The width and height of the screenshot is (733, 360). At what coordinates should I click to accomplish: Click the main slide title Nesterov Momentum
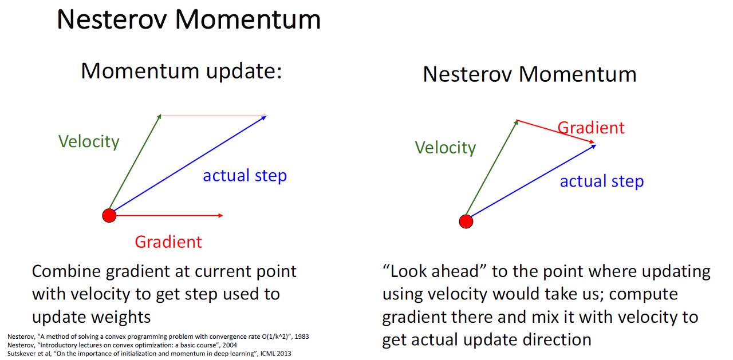point(188,19)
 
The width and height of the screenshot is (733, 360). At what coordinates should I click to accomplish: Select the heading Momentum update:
point(182,71)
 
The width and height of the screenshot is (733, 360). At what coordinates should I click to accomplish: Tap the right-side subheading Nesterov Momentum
point(529,75)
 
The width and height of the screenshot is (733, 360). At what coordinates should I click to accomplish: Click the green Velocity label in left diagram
point(89,141)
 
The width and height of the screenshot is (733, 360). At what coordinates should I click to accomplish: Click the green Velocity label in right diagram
point(445,148)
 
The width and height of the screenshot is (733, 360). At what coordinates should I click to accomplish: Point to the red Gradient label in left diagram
point(168,242)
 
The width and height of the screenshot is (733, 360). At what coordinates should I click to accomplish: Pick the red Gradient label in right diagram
point(591,128)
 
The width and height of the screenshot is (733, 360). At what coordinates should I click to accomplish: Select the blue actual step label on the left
point(245,176)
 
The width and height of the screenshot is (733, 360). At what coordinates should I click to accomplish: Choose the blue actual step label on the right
point(601,181)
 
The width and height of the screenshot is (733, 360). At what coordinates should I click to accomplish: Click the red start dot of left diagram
point(109,216)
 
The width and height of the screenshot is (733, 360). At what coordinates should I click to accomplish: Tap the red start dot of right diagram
point(466,221)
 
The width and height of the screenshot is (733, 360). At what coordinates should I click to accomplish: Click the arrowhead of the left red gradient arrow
point(220,215)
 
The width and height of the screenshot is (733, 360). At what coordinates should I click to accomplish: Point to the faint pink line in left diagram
point(212,116)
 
